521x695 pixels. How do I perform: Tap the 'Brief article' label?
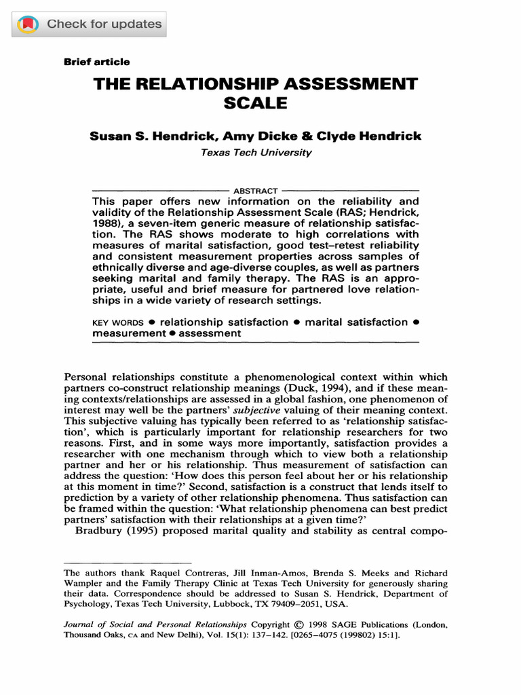coord(96,62)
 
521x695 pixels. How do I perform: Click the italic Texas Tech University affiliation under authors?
coord(256,153)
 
